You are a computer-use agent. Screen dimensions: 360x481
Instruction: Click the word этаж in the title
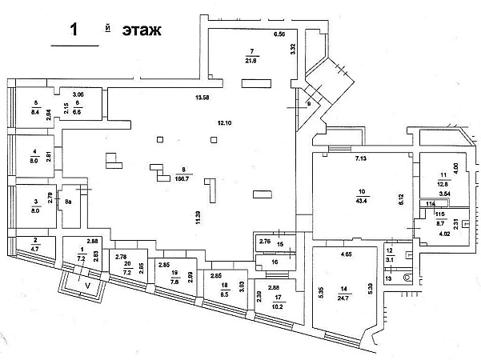142,30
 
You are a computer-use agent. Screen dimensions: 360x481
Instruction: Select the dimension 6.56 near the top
279,35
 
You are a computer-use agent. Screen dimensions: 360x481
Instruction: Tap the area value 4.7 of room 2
36,250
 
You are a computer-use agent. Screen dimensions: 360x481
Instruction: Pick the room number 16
275,262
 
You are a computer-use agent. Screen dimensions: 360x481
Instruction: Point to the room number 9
308,103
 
